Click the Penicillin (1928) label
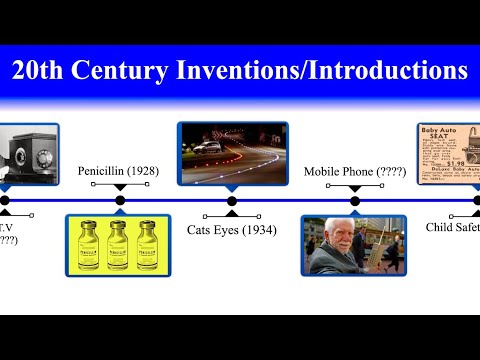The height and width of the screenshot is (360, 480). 120,171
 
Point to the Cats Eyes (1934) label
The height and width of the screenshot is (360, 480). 232,230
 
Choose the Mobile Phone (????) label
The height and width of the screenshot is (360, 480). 355,171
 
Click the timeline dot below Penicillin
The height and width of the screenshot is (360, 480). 120,201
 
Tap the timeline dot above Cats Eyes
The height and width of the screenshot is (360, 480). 232,201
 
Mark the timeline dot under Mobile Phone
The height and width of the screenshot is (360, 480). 355,201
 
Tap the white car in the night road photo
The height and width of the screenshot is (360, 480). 208,147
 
